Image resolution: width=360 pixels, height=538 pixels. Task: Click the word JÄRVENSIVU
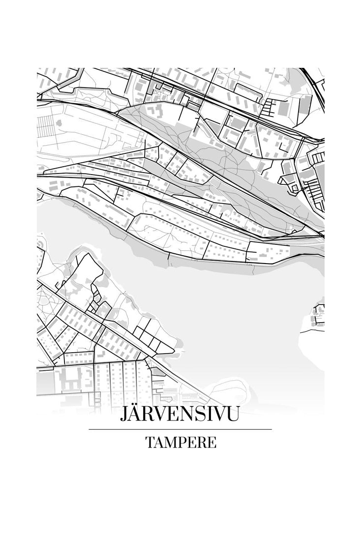180,415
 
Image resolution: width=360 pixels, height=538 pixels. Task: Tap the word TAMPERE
180,443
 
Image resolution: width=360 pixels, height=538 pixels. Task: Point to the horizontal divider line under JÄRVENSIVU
180,429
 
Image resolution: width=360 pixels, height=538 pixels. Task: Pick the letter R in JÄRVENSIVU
150,415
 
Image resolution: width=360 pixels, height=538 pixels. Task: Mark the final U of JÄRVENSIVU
233,415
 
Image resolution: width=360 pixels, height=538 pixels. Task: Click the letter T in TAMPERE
150,443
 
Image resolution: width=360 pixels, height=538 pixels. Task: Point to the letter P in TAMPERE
182,443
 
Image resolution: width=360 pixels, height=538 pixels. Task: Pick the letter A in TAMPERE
158,443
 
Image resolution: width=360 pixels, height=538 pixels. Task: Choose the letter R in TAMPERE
201,443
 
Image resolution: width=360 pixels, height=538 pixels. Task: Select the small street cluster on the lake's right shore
319,315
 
